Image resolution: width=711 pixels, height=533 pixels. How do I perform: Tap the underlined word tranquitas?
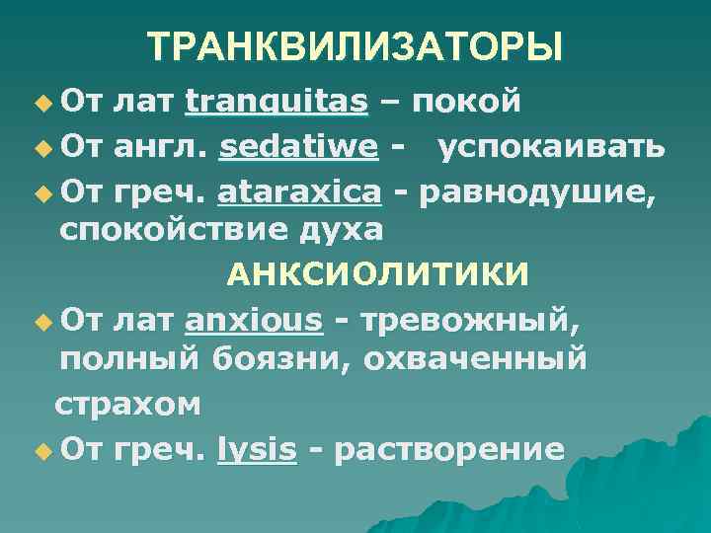[277, 101]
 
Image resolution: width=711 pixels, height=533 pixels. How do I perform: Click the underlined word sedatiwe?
[299, 147]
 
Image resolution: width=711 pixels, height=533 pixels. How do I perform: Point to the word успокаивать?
[550, 147]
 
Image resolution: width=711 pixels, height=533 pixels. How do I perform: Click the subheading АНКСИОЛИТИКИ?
[376, 273]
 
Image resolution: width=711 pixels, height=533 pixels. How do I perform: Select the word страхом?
[128, 405]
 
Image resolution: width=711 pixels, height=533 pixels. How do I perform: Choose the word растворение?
[449, 451]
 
